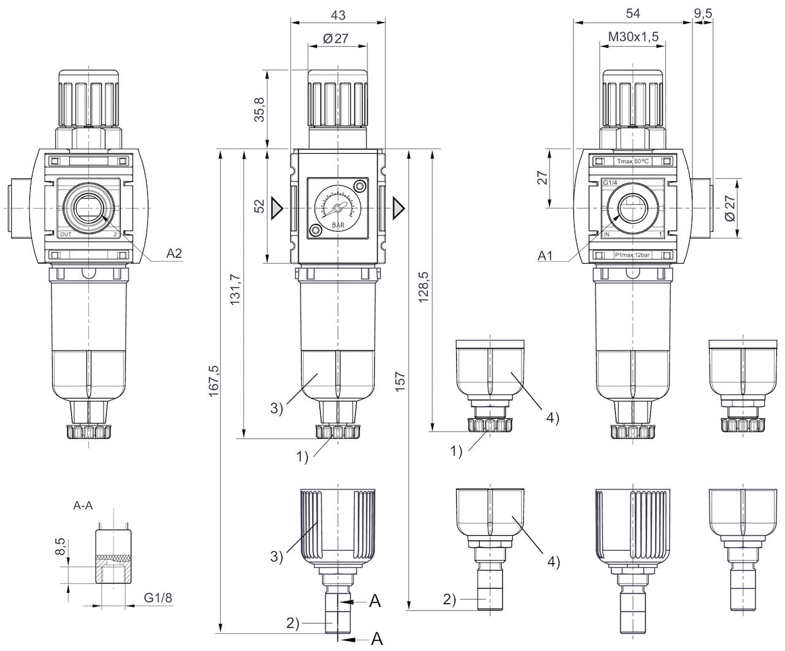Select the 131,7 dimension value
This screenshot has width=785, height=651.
[237, 288]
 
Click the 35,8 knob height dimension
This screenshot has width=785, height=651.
[260, 109]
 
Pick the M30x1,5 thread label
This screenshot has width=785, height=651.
[633, 37]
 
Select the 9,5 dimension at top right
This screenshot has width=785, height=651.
[703, 13]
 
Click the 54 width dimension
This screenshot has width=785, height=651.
[632, 13]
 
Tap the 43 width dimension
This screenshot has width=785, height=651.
[337, 13]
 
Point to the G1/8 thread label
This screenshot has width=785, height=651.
[157, 597]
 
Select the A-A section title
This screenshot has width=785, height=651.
[84, 506]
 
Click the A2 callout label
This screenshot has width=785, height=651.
[174, 253]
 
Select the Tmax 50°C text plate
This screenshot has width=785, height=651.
[632, 162]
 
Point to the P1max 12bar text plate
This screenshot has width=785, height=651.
[632, 255]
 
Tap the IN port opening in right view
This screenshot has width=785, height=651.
[632, 209]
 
